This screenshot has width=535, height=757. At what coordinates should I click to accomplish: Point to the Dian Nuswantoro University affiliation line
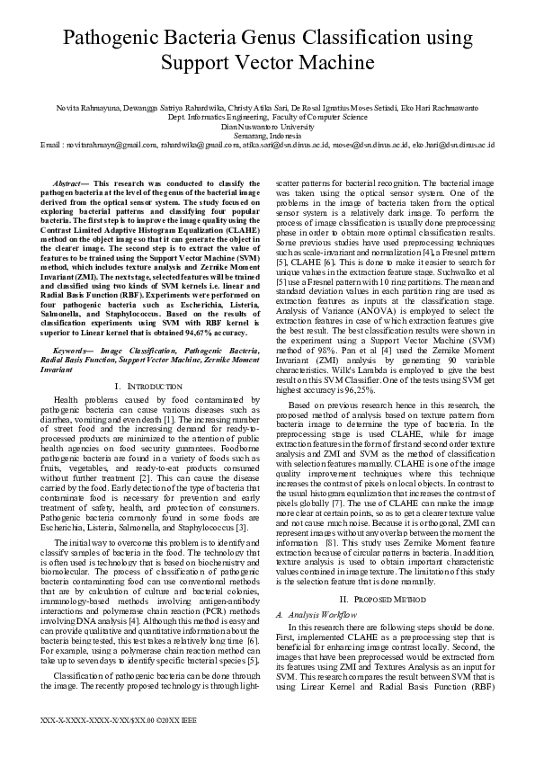pyautogui.click(x=267, y=126)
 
